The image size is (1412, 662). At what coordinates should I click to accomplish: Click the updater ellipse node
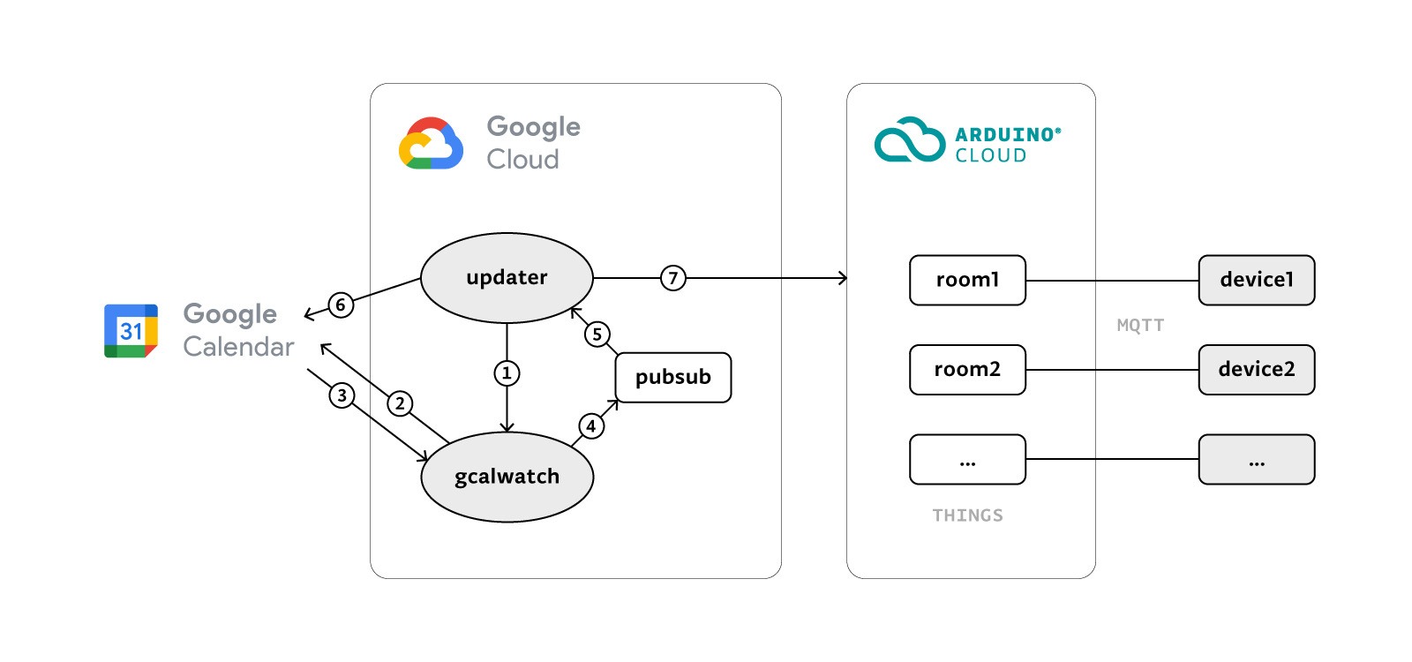pos(507,278)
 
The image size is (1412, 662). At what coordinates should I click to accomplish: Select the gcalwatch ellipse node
pos(507,477)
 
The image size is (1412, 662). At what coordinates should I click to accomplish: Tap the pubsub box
pos(672,377)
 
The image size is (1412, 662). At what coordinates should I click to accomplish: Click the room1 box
pos(967,280)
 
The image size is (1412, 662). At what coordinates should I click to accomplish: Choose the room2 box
pos(967,369)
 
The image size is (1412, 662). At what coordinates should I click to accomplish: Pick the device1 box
pos(1256,280)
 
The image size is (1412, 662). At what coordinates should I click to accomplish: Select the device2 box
pos(1256,369)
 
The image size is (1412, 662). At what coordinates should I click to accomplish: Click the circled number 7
pos(672,278)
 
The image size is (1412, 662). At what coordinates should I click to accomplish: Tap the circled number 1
pos(507,373)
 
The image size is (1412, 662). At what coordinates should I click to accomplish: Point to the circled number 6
pos(341,305)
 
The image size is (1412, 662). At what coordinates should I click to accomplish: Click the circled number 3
pos(342,395)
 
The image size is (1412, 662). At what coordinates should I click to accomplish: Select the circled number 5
pos(597,334)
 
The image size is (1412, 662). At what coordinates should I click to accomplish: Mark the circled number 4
pos(591,426)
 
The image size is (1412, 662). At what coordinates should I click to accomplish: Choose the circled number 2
pos(400,403)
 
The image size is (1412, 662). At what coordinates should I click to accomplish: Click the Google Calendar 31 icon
pos(131,331)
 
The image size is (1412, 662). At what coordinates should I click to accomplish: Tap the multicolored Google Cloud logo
pos(431,143)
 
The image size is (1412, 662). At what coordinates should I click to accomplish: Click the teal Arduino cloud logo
pos(909,140)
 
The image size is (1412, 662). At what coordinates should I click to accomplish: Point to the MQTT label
pos(1140,325)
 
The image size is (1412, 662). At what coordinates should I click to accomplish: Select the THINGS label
pos(967,515)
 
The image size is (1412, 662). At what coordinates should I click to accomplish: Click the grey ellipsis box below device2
pos(1256,459)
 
